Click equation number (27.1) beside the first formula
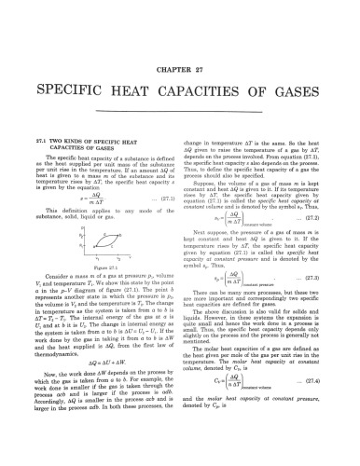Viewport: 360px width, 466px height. [159, 199]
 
